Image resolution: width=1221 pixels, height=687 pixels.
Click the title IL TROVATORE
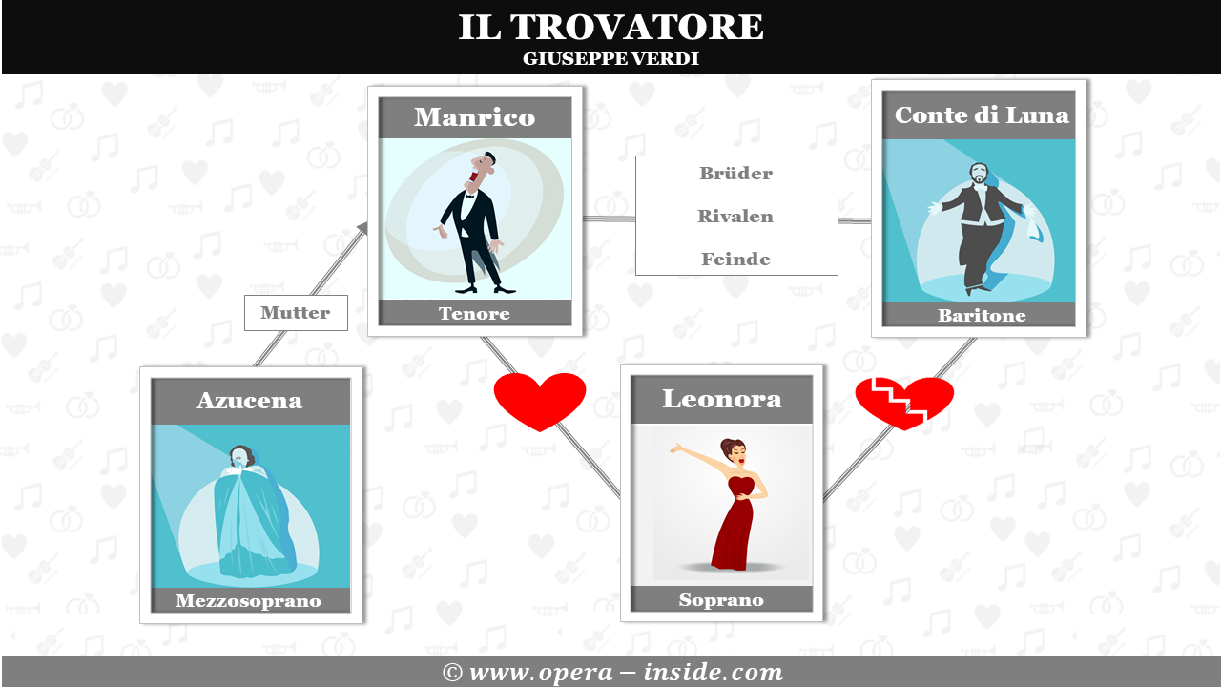[610, 27]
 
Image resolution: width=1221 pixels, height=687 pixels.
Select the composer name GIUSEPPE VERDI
[610, 59]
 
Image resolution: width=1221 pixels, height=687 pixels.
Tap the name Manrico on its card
[474, 117]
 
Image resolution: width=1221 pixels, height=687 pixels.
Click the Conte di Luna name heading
[982, 115]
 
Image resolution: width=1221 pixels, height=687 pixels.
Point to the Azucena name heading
[249, 401]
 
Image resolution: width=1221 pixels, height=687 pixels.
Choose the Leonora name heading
[722, 399]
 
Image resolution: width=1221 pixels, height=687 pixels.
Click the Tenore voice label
[474, 313]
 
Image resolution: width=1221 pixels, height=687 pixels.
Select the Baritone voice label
[982, 316]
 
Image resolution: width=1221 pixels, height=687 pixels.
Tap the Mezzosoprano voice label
[249, 601]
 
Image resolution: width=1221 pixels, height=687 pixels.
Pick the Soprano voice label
[721, 600]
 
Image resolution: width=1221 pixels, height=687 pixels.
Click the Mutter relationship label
[296, 313]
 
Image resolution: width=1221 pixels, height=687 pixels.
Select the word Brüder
[735, 174]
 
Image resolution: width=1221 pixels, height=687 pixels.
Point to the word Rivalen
[735, 217]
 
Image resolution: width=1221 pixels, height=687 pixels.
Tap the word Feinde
[735, 260]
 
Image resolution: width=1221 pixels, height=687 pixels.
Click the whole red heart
[539, 398]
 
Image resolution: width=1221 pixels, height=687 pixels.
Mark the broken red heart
[903, 401]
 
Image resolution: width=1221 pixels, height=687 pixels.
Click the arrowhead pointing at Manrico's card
[362, 227]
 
